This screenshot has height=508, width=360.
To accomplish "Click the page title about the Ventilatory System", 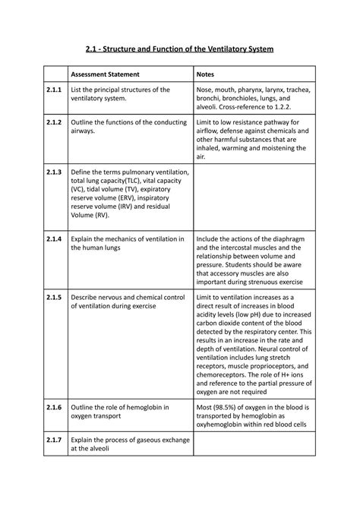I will click(x=179, y=49).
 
